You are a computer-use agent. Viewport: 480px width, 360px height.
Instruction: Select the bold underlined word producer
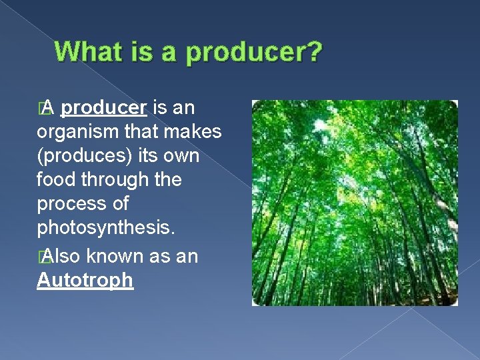coord(107,108)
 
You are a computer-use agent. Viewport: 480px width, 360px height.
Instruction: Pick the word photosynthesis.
coord(106,227)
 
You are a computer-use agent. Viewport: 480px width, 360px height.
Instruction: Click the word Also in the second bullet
coord(63,257)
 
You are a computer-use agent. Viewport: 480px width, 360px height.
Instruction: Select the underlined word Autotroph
coord(85,281)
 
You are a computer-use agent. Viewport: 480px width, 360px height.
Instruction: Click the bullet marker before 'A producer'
coord(42,109)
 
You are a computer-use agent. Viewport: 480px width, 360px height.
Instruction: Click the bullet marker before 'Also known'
coord(42,257)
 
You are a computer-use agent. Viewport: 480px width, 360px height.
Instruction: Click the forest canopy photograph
coord(354,203)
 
